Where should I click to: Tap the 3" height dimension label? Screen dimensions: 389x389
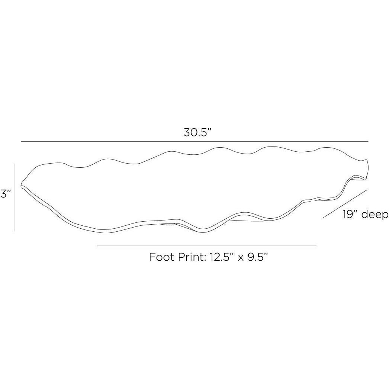pyautogui.click(x=5, y=193)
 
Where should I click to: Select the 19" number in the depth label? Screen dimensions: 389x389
pyautogui.click(x=351, y=214)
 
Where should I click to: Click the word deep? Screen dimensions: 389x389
pyautogui.click(x=374, y=215)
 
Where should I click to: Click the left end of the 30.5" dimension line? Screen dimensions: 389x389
pyautogui.click(x=21, y=142)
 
